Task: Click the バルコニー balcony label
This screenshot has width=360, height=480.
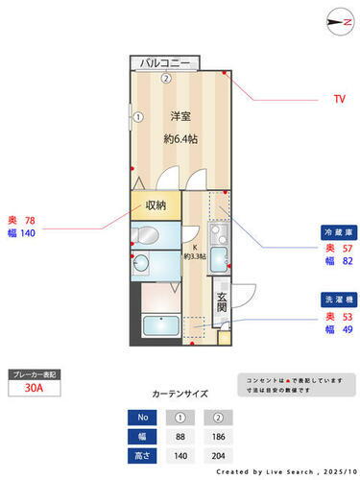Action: tap(165, 63)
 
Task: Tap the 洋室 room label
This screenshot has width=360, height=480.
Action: tap(180, 117)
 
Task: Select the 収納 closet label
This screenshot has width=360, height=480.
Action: tap(156, 204)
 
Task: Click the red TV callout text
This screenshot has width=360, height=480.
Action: tap(339, 99)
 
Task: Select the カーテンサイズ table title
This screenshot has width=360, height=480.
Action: tap(180, 394)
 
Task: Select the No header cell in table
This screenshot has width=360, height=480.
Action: tap(140, 417)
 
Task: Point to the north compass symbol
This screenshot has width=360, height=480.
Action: tap(337, 21)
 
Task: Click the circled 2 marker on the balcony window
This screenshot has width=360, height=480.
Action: tap(165, 78)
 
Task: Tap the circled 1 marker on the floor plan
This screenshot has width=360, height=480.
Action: tap(137, 118)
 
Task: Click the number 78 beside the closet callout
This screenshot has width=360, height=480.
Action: tap(30, 220)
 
